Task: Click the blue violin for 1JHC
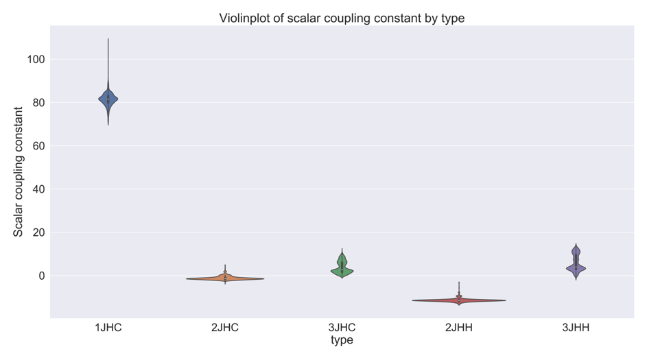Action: [108, 99]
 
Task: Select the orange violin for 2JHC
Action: [225, 278]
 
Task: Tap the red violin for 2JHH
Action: [458, 300]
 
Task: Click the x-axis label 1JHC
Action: [108, 328]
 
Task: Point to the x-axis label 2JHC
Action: [225, 328]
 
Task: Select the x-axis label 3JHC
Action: [342, 328]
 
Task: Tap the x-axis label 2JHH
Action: [458, 328]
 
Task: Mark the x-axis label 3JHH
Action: [576, 328]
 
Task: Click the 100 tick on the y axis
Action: [36, 60]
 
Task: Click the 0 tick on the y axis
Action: [42, 276]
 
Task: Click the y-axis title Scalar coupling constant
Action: [19, 171]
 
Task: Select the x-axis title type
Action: [342, 341]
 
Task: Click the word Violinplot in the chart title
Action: [248, 19]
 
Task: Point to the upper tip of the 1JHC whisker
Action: [108, 39]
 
